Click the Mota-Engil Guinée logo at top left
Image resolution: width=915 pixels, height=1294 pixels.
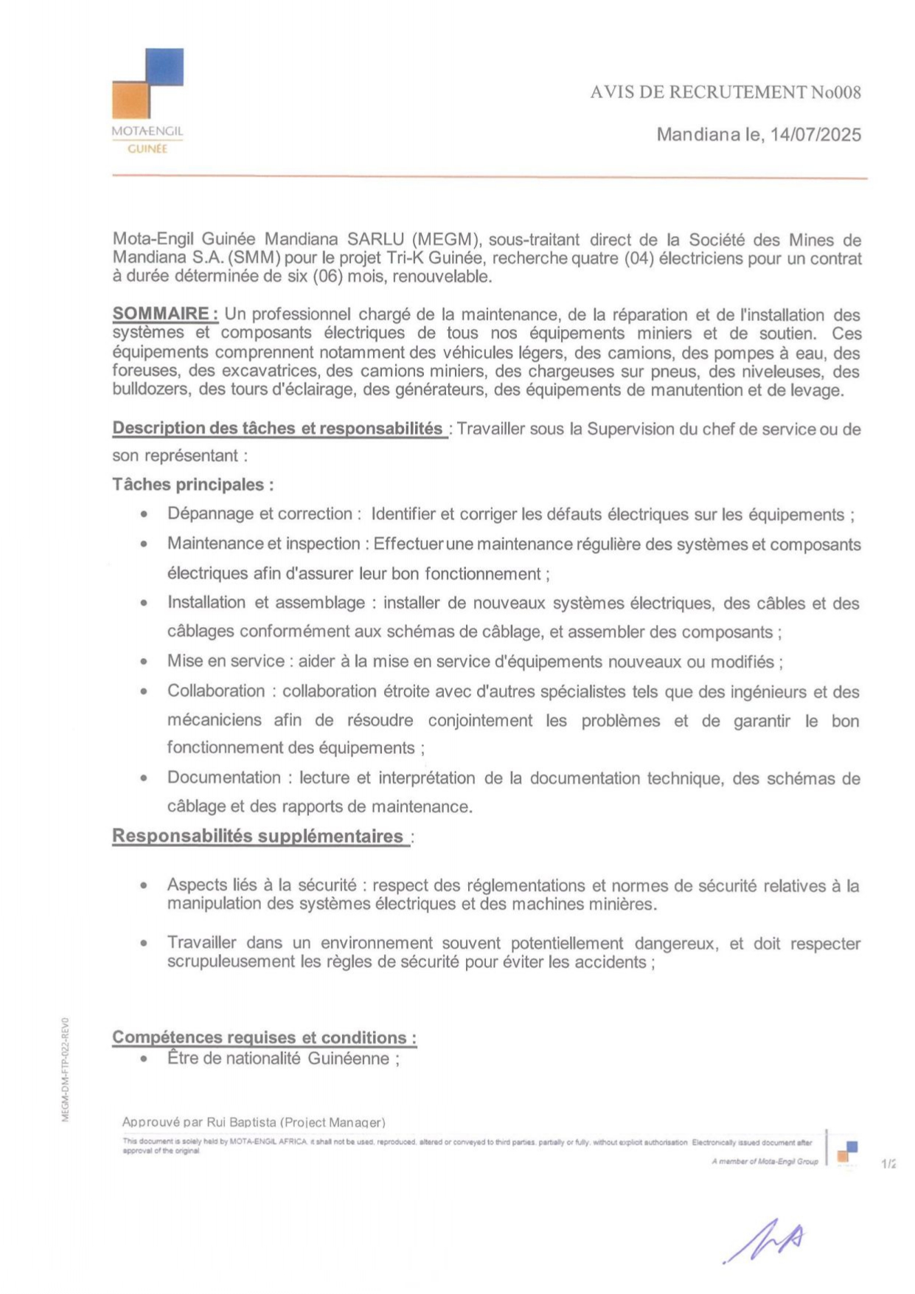[147, 100]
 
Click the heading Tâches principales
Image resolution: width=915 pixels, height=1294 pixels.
[192, 485]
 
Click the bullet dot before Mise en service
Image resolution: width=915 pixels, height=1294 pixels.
[144, 662]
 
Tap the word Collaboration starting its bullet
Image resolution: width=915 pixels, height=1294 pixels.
[215, 691]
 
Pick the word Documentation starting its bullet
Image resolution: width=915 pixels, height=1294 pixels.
[223, 778]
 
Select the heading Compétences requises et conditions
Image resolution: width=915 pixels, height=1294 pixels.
[264, 1037]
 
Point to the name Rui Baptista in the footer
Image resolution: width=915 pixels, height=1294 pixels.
[241, 1122]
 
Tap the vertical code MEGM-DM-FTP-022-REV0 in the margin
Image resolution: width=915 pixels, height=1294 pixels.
[66, 1070]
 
